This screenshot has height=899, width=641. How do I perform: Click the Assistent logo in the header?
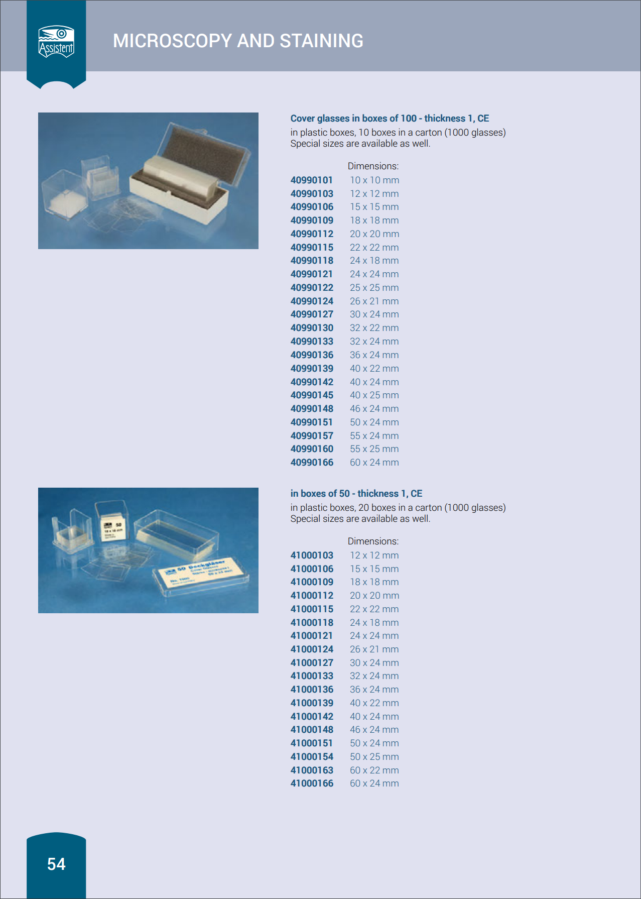pyautogui.click(x=56, y=42)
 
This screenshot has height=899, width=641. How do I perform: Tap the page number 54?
pyautogui.click(x=56, y=864)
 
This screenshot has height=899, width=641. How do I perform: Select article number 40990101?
pyautogui.click(x=311, y=180)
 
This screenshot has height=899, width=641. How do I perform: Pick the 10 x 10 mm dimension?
pyautogui.click(x=374, y=180)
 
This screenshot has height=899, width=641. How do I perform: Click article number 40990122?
pyautogui.click(x=312, y=288)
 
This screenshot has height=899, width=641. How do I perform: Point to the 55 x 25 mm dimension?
pyautogui.click(x=374, y=449)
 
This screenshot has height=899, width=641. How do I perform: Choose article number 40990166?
pyautogui.click(x=312, y=463)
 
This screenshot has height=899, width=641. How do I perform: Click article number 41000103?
pyautogui.click(x=312, y=555)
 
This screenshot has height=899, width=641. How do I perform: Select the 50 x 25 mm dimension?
pyautogui.click(x=374, y=757)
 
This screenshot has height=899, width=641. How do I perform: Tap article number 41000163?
pyautogui.click(x=312, y=770)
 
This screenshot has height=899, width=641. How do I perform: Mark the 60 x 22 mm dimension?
pyautogui.click(x=374, y=770)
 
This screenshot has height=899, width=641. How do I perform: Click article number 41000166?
pyautogui.click(x=312, y=783)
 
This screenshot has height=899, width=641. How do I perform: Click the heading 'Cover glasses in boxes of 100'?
pyautogui.click(x=353, y=119)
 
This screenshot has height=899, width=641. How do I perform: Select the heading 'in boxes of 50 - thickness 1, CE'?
pyautogui.click(x=356, y=494)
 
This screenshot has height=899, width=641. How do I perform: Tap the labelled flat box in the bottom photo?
pyautogui.click(x=201, y=576)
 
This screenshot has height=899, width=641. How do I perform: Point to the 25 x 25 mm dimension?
pyautogui.click(x=374, y=288)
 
